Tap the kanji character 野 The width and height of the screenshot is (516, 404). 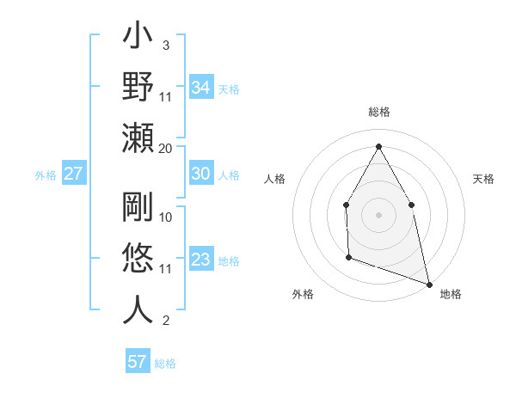138,87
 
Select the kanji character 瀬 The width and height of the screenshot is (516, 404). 138,138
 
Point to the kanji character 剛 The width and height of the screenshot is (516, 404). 138,207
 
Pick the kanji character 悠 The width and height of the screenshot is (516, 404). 138,259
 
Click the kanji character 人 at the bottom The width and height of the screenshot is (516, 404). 138,310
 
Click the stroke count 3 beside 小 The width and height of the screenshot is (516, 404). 165,45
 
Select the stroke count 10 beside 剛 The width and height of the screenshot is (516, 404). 166,217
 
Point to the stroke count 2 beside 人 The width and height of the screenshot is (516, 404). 165,321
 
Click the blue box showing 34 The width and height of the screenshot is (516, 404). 201,87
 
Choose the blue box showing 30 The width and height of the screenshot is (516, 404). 201,174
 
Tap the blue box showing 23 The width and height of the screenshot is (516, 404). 201,260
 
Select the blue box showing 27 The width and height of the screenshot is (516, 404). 74,174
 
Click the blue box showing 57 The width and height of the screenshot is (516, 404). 138,362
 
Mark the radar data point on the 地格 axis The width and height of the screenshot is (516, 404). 428,284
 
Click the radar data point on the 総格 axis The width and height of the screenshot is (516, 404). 378,145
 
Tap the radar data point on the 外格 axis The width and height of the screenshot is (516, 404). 348,257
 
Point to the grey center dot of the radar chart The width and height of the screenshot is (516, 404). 378,214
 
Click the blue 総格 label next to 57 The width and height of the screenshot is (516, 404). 165,364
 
